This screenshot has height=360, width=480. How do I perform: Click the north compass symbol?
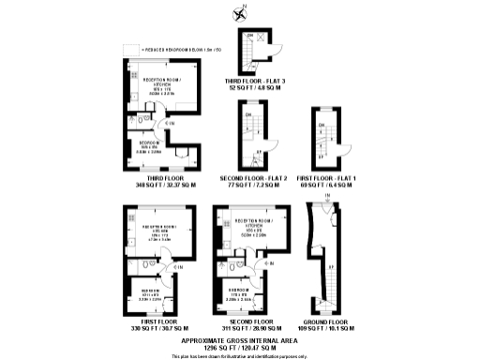[x=241, y=13]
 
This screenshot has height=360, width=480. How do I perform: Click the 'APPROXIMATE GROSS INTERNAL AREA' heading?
[x=239, y=339]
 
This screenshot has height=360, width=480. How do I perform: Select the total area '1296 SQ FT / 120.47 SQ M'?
[x=239, y=348]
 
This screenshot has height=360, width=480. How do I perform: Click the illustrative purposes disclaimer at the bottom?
[x=239, y=356]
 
